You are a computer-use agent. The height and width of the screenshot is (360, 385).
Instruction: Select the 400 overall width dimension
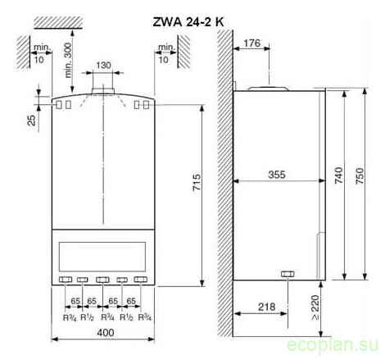point(105,334)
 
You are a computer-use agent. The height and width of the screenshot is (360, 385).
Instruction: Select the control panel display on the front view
point(104,251)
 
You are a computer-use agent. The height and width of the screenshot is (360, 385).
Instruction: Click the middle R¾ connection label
point(105,317)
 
